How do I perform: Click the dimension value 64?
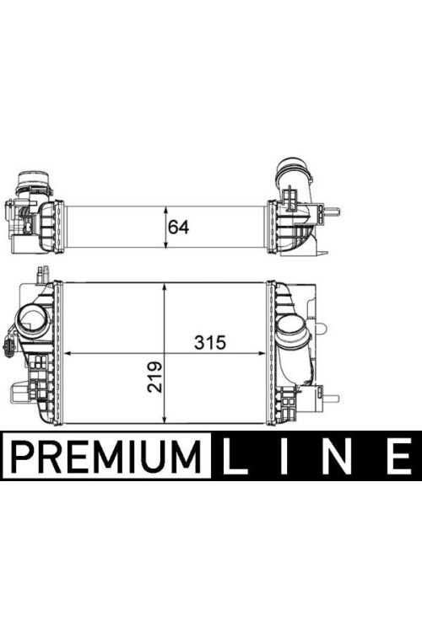[178, 228]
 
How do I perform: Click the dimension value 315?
[210, 343]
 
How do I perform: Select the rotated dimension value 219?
[154, 377]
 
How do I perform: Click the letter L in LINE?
[235, 455]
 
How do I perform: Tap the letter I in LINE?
[285, 455]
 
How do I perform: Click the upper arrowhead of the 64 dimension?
[165, 211]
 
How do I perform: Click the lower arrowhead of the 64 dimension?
[165, 244]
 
